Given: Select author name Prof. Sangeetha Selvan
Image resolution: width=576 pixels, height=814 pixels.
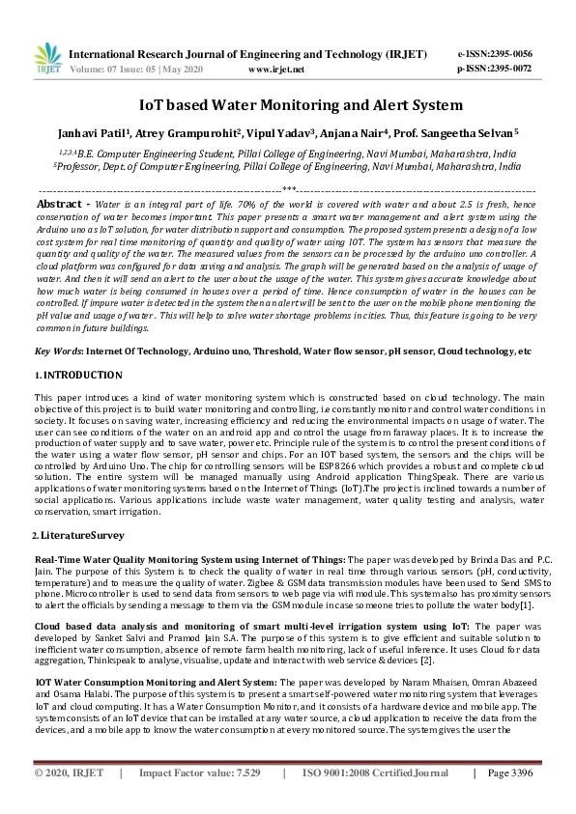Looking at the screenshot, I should [x=465, y=131].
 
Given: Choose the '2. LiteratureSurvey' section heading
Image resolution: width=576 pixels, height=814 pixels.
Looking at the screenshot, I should [x=76, y=534].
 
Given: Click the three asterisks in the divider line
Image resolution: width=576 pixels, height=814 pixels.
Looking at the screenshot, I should [x=288, y=190].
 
